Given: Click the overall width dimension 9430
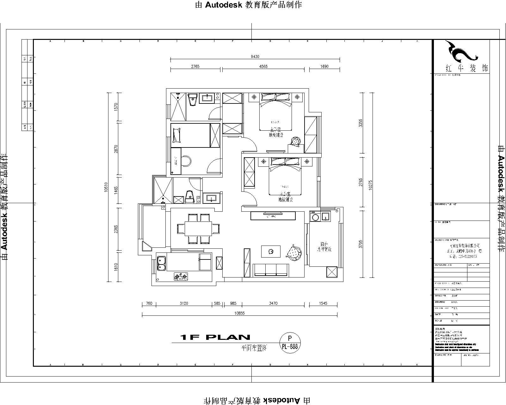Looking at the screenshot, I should click(255, 57).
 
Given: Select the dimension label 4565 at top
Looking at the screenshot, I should click(263, 66).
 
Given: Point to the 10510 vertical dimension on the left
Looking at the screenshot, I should click(106, 187).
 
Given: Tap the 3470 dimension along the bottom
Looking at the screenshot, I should click(273, 303).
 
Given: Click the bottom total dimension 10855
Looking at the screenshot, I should click(239, 313).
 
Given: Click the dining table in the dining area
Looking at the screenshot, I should click(198, 228).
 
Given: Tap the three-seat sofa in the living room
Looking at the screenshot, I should click(271, 270).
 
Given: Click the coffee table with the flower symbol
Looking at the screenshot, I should click(271, 252).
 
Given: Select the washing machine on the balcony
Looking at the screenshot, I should click(315, 217).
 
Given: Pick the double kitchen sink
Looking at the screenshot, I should click(161, 263).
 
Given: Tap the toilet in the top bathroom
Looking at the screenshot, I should click(192, 100).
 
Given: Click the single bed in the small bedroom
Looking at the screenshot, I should click(191, 135).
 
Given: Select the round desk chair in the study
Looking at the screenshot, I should click(186, 160).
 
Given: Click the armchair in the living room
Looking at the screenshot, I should click(294, 252).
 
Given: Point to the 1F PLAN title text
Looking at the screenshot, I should click(215, 337).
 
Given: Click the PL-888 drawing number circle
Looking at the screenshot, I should click(290, 342).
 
